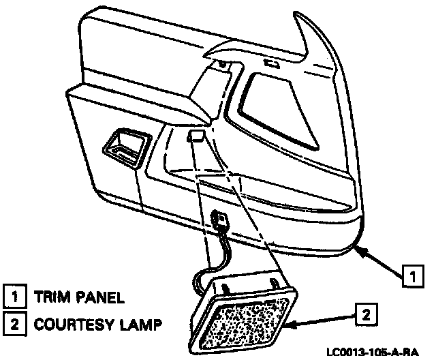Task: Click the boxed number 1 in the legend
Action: click(x=13, y=297)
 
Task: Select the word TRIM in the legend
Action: click(x=49, y=297)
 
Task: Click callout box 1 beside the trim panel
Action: click(x=410, y=276)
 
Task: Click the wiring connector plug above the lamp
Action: click(x=220, y=220)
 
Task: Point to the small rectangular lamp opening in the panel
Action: click(x=194, y=136)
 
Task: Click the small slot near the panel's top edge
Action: click(x=271, y=65)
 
